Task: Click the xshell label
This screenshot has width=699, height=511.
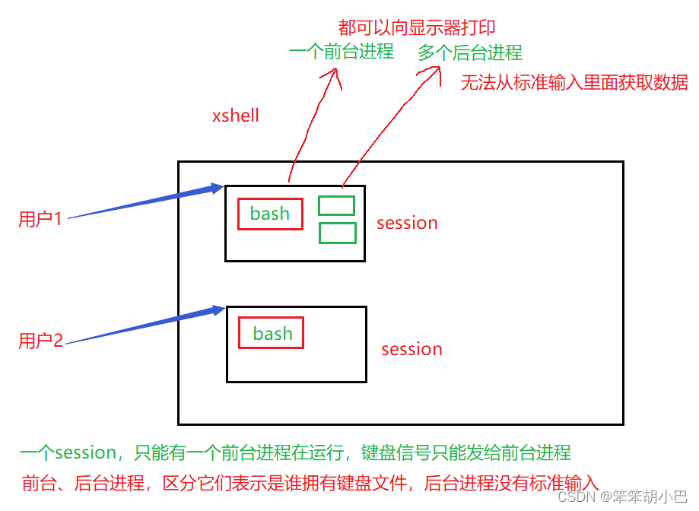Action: [235, 116]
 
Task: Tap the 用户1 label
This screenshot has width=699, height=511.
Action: [40, 219]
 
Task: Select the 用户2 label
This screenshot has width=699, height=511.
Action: [40, 341]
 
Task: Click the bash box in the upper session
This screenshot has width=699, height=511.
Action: [270, 214]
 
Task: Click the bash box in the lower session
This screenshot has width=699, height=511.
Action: [271, 333]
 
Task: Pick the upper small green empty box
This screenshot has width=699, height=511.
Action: [337, 206]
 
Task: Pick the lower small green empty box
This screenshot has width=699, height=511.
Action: [338, 233]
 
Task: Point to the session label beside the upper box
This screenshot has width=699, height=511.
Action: [407, 223]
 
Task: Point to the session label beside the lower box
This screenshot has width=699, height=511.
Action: [411, 349]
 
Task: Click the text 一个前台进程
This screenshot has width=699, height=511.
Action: [342, 51]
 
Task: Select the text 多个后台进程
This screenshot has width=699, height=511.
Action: [470, 52]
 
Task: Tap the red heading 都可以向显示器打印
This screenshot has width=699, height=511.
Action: [417, 27]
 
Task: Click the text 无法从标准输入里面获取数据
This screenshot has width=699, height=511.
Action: [574, 82]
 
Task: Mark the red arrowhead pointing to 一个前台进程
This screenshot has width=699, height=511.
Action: [332, 76]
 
